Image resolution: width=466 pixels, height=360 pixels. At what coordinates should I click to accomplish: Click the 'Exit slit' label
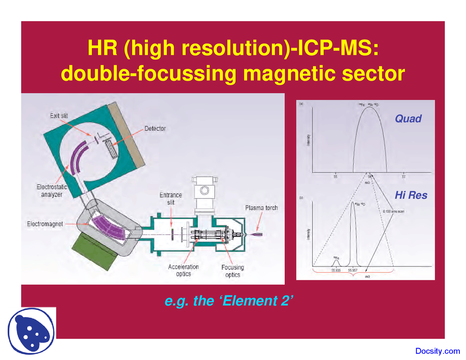[x=59, y=116]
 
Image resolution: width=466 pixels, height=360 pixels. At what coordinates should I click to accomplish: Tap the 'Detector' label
[x=155, y=128]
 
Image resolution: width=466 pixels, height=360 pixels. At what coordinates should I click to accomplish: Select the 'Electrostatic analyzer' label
[x=52, y=191]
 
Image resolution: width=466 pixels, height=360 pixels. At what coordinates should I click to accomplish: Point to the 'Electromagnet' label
[x=45, y=224]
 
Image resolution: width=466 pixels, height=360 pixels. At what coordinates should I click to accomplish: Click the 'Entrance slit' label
[x=171, y=199]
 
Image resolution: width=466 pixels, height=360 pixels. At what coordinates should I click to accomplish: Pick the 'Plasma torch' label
[x=261, y=208]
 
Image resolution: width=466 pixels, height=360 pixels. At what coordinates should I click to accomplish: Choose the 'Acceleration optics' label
[x=183, y=270]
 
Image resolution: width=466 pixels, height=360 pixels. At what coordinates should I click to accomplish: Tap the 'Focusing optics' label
[x=233, y=271]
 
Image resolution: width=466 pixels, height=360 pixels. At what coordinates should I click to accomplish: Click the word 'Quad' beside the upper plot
[x=408, y=119]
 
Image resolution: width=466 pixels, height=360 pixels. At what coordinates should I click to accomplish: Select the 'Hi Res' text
[x=411, y=195]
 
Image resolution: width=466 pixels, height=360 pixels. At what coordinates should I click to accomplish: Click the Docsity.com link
[x=438, y=351]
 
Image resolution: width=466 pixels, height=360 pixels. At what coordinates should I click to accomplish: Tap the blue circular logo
[x=31, y=331]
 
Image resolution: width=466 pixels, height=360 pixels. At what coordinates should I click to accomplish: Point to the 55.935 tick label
[x=336, y=270]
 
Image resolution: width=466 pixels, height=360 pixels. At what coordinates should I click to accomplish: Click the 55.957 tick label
[x=353, y=270]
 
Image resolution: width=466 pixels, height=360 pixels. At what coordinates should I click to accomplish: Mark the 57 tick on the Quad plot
[x=403, y=177]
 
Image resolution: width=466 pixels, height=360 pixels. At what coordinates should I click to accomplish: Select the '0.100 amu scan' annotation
[x=393, y=211]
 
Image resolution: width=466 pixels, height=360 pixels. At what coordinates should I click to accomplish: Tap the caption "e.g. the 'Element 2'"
[x=229, y=301]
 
